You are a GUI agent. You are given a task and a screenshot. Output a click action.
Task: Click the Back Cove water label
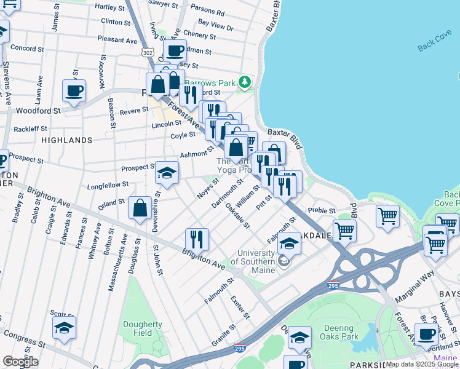(x=434, y=47)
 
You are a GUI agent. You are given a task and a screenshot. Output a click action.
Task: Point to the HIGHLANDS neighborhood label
(x=66, y=140)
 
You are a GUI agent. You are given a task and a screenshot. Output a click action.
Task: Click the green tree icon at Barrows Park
(x=245, y=82)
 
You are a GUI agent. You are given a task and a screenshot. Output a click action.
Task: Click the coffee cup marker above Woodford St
(x=74, y=91)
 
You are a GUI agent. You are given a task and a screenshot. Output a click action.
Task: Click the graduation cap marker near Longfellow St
(x=167, y=173)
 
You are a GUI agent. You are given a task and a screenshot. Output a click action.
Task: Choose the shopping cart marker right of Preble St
(x=387, y=215)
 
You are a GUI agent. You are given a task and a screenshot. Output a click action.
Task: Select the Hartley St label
(x=110, y=7)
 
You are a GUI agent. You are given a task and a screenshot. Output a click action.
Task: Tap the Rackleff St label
(x=31, y=129)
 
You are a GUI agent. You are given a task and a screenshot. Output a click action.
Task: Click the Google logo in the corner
(x=20, y=362)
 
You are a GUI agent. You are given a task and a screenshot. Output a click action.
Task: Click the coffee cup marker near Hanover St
(x=426, y=335)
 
